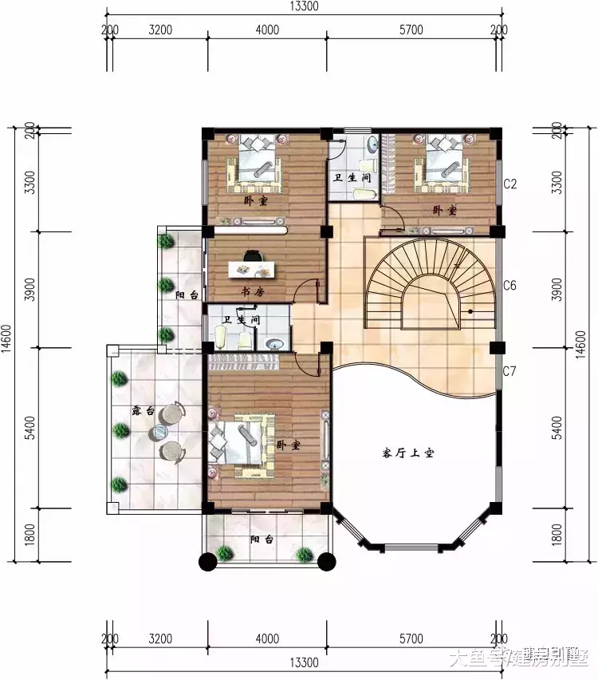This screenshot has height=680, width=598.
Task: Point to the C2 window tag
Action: (x=510, y=184)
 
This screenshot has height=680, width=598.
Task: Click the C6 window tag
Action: (x=510, y=286)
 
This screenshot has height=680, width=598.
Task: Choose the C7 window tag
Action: (x=510, y=371)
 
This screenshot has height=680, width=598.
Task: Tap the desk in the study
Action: (x=252, y=269)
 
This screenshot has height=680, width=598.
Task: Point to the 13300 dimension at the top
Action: (x=304, y=7)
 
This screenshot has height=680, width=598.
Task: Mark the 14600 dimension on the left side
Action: (x=7, y=344)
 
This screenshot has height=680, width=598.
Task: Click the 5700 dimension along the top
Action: (x=411, y=30)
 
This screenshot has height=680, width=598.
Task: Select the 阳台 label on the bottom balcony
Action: (x=262, y=540)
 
